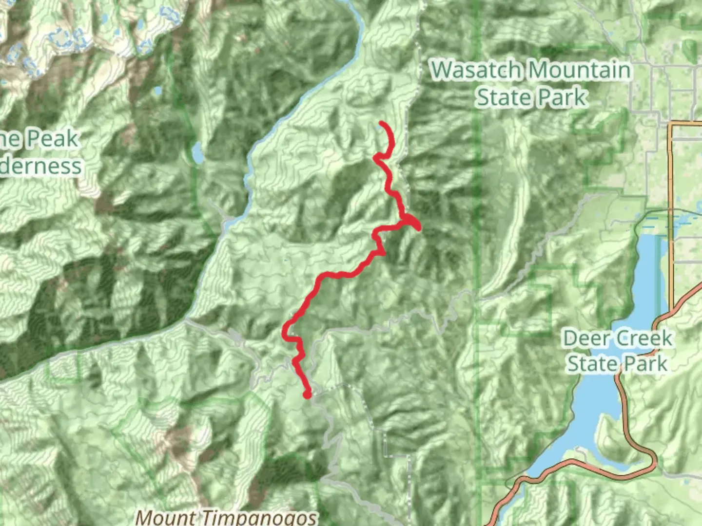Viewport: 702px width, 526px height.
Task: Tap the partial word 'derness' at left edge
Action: tap(41, 166)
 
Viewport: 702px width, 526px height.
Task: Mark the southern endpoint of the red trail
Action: tap(307, 394)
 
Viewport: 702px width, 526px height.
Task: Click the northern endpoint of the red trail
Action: tap(380, 123)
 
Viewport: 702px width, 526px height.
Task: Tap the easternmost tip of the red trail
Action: tap(419, 227)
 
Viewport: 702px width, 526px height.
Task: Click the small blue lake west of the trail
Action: tap(197, 153)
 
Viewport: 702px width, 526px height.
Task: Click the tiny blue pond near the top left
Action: tap(157, 91)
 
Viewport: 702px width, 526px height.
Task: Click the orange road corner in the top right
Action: tap(672, 125)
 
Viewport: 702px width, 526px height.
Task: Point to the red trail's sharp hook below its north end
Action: tap(376, 157)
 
